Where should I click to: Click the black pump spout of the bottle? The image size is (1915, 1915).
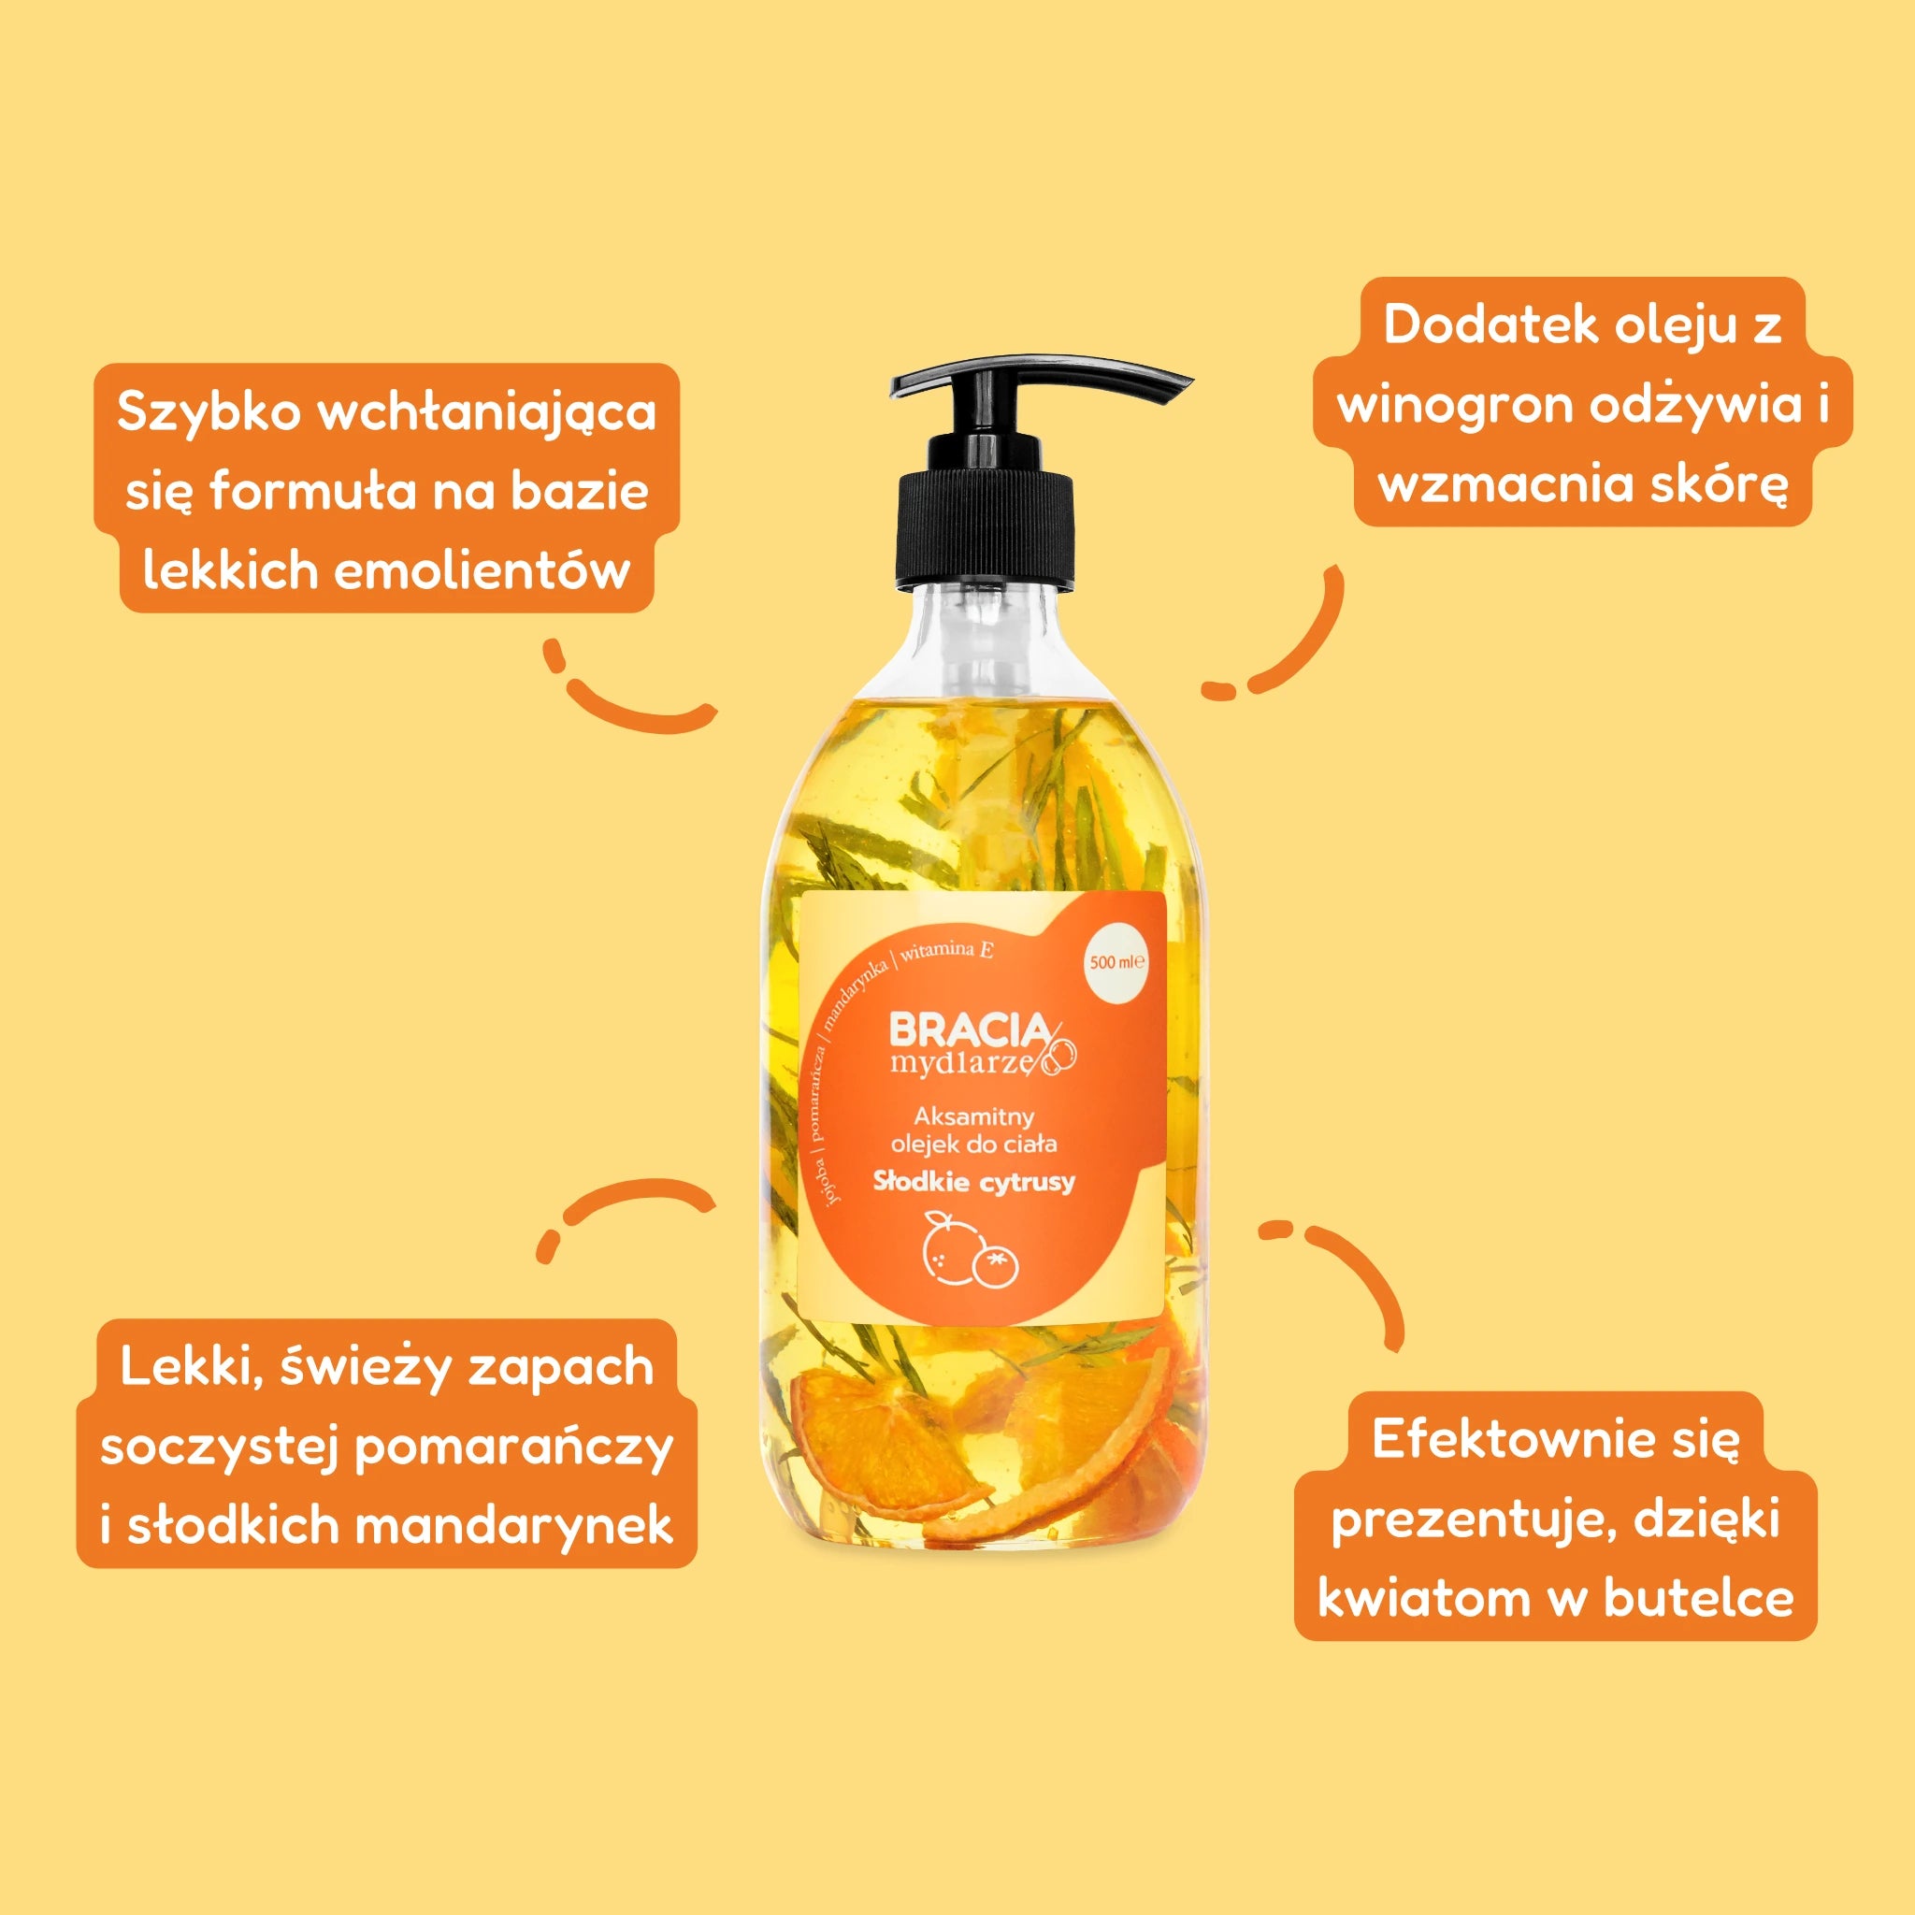1041,381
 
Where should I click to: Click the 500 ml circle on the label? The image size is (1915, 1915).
1117,961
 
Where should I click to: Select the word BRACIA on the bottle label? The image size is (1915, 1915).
969,1030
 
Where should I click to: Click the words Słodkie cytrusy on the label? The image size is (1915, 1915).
973,1182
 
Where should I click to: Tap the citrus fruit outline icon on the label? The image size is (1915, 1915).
972,1252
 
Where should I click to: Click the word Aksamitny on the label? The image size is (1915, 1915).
973,1117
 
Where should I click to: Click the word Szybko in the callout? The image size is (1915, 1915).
209,412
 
